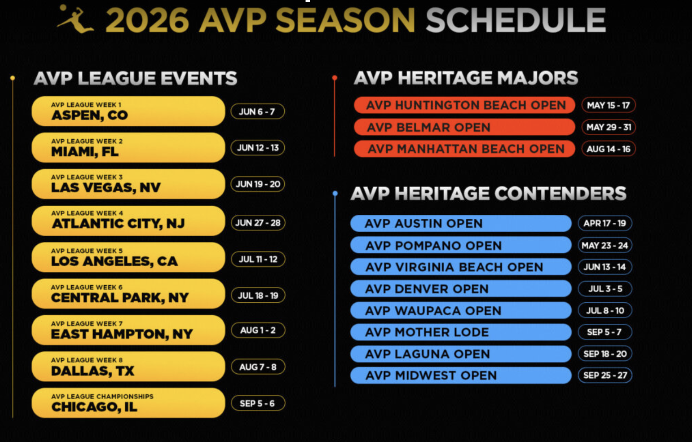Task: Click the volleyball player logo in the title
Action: [x=75, y=19]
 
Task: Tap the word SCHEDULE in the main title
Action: [x=516, y=20]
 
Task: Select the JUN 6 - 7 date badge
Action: [x=258, y=111]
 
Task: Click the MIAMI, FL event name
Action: [x=85, y=152]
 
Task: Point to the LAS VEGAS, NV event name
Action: [x=106, y=188]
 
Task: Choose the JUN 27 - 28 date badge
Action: [x=258, y=222]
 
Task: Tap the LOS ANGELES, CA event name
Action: [x=114, y=261]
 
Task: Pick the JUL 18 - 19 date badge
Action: [x=258, y=295]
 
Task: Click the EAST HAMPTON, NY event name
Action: [x=122, y=334]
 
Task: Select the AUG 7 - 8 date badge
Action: [x=258, y=367]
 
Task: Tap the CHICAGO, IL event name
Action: [x=94, y=407]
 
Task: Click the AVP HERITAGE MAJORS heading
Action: [x=466, y=78]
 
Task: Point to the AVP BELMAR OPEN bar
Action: [x=465, y=127]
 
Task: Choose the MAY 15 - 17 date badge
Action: [x=608, y=105]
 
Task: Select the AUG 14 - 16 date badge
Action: [x=608, y=149]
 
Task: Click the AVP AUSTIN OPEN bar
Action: [x=461, y=223]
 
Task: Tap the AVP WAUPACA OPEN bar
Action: [x=461, y=311]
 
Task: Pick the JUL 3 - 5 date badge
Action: [x=605, y=289]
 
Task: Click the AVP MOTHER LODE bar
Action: [x=461, y=332]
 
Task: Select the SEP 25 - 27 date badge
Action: [x=605, y=375]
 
